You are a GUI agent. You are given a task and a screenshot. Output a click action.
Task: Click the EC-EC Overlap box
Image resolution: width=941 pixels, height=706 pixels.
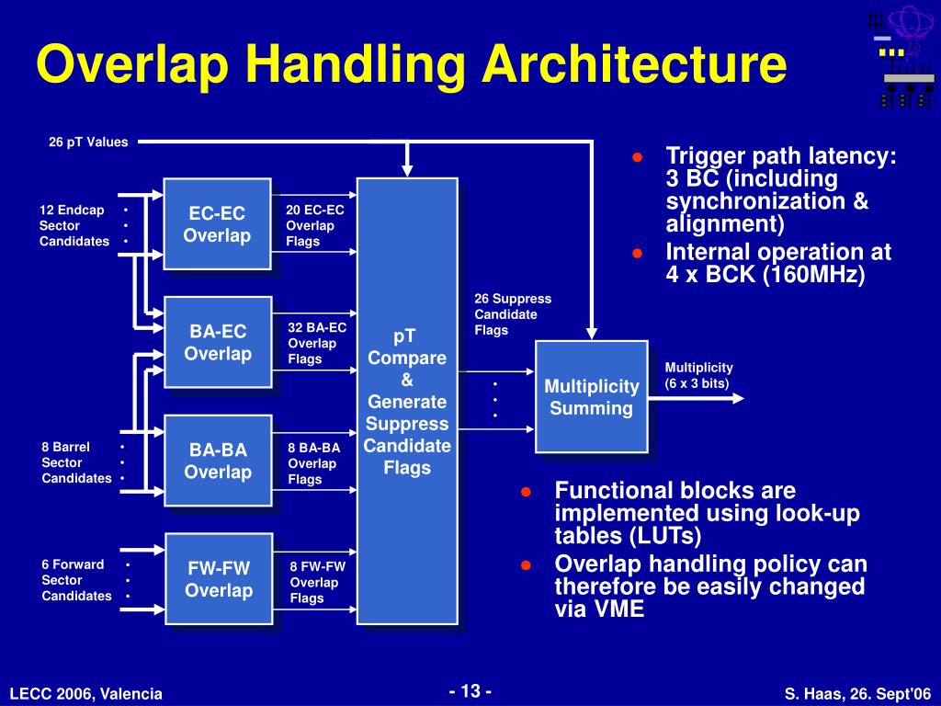(x=217, y=223)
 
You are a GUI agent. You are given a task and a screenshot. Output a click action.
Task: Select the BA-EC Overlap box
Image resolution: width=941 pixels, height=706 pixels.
(x=218, y=342)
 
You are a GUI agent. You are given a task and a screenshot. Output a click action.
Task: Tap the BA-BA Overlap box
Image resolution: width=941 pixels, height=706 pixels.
(x=218, y=461)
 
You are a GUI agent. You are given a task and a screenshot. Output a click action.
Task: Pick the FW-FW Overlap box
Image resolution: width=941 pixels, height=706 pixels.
(x=219, y=578)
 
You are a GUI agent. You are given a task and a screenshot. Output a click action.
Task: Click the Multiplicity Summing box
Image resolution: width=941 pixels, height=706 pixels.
(x=592, y=396)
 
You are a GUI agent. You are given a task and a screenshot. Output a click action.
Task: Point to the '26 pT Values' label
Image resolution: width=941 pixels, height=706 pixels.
(x=88, y=142)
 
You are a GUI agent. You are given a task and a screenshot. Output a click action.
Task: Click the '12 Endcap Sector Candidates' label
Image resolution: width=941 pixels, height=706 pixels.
(x=74, y=225)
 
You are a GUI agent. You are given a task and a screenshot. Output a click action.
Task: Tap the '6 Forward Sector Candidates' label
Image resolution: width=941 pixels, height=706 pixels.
(x=75, y=580)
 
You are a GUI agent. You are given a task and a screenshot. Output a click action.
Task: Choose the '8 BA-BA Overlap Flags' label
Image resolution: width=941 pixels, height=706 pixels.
(x=313, y=463)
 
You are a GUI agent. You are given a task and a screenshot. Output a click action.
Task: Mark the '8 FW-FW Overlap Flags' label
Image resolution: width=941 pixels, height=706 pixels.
(x=317, y=582)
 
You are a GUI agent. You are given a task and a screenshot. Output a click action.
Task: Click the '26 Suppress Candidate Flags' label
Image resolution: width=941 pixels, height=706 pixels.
(x=512, y=314)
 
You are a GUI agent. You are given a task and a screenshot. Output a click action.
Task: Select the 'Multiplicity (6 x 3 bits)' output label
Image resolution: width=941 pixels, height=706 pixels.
(x=698, y=375)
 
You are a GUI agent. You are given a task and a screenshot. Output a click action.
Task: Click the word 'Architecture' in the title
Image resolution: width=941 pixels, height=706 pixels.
(x=636, y=66)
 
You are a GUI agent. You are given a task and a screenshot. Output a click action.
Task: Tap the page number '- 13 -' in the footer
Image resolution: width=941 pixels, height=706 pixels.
(x=470, y=691)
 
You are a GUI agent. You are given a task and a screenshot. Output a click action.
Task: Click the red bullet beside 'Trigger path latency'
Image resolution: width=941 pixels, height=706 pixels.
(x=637, y=157)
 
